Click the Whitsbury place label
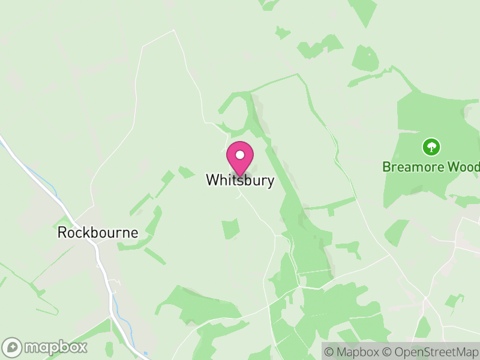click(240, 180)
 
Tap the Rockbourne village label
click(98, 233)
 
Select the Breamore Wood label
click(431, 166)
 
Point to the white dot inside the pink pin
click(239, 155)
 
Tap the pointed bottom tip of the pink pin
click(239, 176)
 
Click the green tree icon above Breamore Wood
click(431, 146)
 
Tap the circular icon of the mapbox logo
click(13, 347)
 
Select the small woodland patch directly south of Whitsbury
click(230, 229)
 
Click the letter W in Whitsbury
click(212, 180)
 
